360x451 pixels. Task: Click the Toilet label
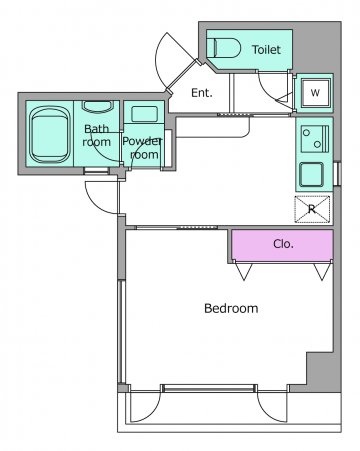(x=266, y=50)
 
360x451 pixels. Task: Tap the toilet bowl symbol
(x=224, y=48)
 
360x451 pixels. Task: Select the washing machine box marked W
(x=315, y=92)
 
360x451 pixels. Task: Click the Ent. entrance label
(x=202, y=93)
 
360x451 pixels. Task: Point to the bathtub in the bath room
(x=50, y=134)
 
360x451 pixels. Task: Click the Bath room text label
(x=97, y=135)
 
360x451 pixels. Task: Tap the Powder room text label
(x=143, y=148)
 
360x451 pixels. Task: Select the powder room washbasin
(x=144, y=114)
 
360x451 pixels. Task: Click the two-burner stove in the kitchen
(x=315, y=139)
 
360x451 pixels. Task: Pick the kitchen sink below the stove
(x=312, y=174)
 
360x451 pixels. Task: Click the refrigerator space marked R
(x=312, y=209)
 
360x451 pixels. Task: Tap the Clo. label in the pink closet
(x=283, y=244)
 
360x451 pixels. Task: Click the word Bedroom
(x=231, y=308)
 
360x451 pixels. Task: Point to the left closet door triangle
(x=244, y=271)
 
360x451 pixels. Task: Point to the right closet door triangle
(x=322, y=271)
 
